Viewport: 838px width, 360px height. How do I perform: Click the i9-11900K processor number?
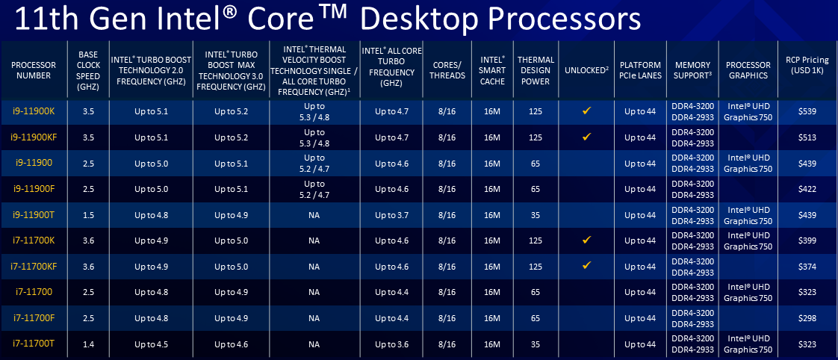click(33, 111)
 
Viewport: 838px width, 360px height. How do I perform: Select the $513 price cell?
click(808, 137)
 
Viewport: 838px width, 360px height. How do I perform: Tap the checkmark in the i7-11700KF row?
click(586, 265)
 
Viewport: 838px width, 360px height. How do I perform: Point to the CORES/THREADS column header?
click(447, 70)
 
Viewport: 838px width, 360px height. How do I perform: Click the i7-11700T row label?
click(33, 344)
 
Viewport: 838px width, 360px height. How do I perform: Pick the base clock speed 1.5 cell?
click(88, 214)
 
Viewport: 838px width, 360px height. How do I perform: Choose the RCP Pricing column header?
click(807, 65)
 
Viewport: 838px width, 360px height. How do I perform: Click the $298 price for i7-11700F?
click(808, 318)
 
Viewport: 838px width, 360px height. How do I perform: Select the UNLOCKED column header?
click(586, 70)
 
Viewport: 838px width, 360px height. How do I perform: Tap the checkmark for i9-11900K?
click(586, 111)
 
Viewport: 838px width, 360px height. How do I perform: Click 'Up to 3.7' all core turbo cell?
click(392, 214)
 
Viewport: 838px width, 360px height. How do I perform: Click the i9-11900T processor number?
click(33, 214)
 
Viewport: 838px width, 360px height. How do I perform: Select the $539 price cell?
click(808, 111)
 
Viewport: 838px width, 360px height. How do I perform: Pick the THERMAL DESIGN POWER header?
click(536, 70)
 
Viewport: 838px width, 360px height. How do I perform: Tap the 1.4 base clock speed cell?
click(88, 344)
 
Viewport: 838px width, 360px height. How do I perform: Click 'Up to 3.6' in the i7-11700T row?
click(392, 344)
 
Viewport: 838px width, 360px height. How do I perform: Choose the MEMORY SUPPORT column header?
click(692, 70)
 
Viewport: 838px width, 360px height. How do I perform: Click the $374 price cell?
click(808, 266)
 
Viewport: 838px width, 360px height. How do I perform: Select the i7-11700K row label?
click(33, 240)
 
